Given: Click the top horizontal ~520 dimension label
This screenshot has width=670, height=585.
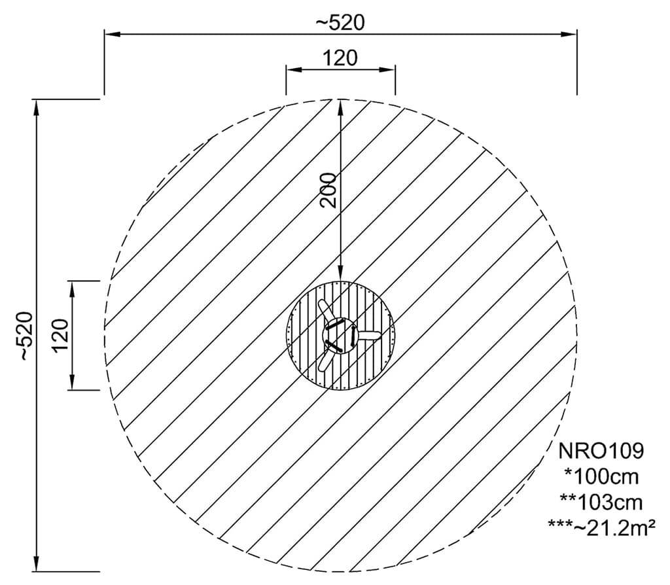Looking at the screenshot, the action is pyautogui.click(x=340, y=23).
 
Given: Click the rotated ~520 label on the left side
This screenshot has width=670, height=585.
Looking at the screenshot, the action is pyautogui.click(x=24, y=336).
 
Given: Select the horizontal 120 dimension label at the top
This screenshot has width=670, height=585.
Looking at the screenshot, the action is pyautogui.click(x=340, y=58).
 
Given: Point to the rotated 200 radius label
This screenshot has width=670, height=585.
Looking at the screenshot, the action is pyautogui.click(x=328, y=190).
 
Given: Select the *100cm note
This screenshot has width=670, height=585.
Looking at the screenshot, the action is pyautogui.click(x=601, y=476).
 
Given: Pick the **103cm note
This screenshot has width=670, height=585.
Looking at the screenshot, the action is pyautogui.click(x=601, y=503).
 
